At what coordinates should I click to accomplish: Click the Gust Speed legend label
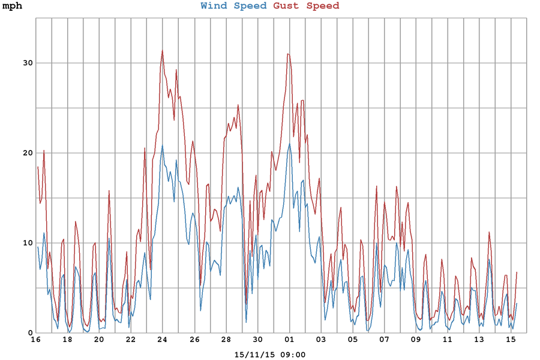coord(306,6)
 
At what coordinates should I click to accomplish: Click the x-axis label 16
coord(35,340)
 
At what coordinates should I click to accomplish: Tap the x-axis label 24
coord(162,340)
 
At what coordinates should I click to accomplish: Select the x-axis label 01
coord(289,340)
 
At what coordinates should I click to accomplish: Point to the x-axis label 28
coord(226,340)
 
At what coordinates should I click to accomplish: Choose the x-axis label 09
coord(416,340)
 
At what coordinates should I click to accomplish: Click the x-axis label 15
coord(511,340)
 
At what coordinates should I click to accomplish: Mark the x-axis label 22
coord(131,340)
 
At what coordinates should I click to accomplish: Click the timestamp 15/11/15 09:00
coord(270,355)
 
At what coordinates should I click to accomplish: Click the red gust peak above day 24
coord(162,51)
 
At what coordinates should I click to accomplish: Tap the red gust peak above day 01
coord(289,54)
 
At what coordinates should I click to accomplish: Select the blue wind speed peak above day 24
coord(162,145)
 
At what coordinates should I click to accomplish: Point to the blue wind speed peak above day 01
coord(290,143)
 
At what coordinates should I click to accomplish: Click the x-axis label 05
coord(352,340)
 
